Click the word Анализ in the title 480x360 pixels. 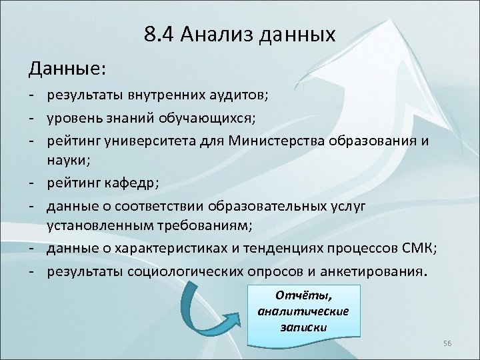(213, 33)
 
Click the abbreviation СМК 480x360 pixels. (417, 249)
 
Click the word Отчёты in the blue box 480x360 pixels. (303, 295)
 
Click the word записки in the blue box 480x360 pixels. (303, 327)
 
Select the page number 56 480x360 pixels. (447, 343)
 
